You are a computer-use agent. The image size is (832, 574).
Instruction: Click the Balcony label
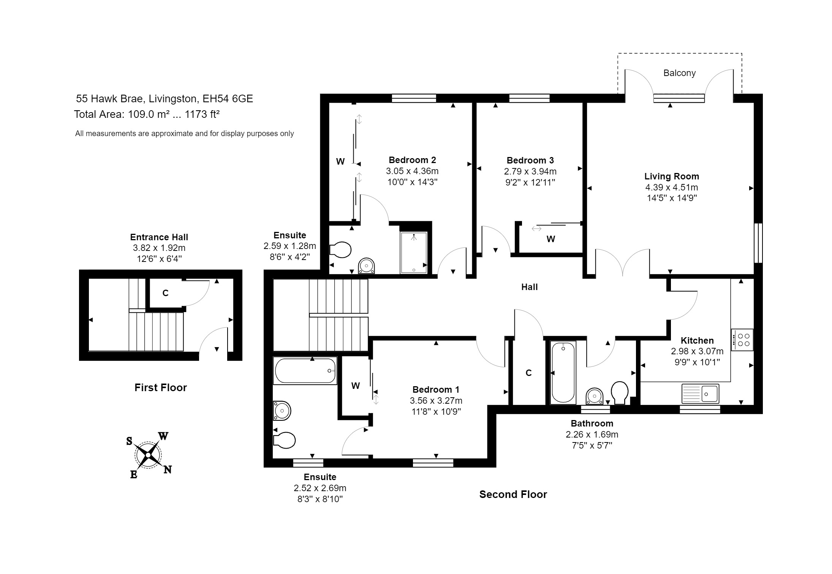(x=679, y=73)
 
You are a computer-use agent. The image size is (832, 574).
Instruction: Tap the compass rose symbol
(x=148, y=455)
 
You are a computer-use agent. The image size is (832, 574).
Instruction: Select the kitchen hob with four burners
(x=742, y=339)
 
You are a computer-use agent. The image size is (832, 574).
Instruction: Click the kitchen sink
(x=700, y=393)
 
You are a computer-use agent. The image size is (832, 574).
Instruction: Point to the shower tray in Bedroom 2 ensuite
(x=414, y=252)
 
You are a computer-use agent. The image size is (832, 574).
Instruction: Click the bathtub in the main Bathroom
(x=563, y=372)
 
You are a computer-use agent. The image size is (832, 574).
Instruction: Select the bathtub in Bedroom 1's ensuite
(x=305, y=371)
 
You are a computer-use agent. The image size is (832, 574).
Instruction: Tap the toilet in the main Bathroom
(x=619, y=392)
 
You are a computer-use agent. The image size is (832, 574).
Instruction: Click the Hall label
(x=529, y=287)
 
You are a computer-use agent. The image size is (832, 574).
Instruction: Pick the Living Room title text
(x=671, y=176)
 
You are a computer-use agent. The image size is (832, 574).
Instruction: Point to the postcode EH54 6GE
(x=228, y=99)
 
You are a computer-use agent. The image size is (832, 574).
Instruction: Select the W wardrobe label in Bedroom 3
(x=550, y=239)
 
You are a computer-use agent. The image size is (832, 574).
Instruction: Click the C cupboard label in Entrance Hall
(x=165, y=293)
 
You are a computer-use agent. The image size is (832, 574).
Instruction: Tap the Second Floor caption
(x=513, y=494)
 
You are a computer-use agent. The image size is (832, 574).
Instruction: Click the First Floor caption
(x=160, y=387)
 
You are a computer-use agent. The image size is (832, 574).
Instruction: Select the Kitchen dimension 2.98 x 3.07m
(x=697, y=351)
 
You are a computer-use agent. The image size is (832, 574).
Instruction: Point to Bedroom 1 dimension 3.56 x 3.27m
(x=436, y=400)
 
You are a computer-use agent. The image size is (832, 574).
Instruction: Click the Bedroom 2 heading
(x=412, y=160)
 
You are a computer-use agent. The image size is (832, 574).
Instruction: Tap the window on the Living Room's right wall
(x=758, y=243)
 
